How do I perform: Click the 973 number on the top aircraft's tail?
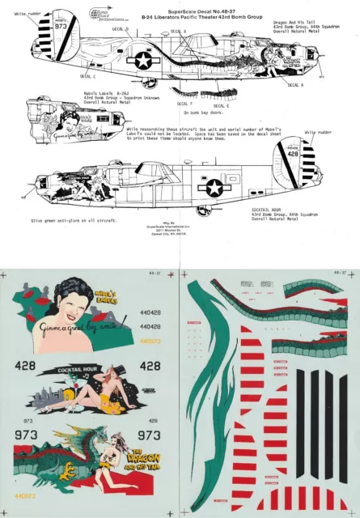pyautogui.click(x=61, y=25)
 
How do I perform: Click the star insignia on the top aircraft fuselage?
pyautogui.click(x=142, y=59)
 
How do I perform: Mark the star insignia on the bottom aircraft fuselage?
pyautogui.click(x=214, y=188)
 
